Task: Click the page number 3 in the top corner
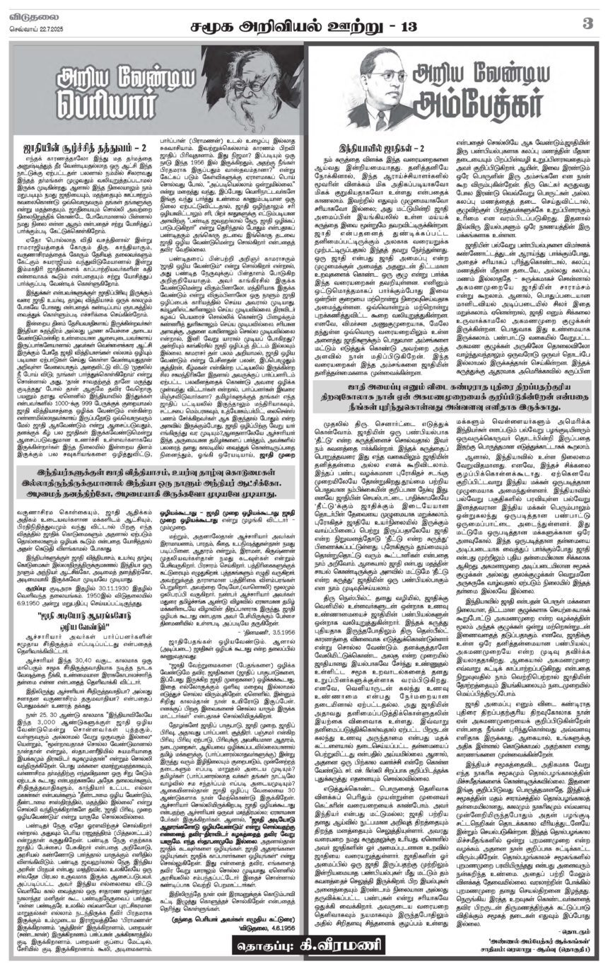coord(586,23)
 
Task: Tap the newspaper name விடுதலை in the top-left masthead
coord(26,10)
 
